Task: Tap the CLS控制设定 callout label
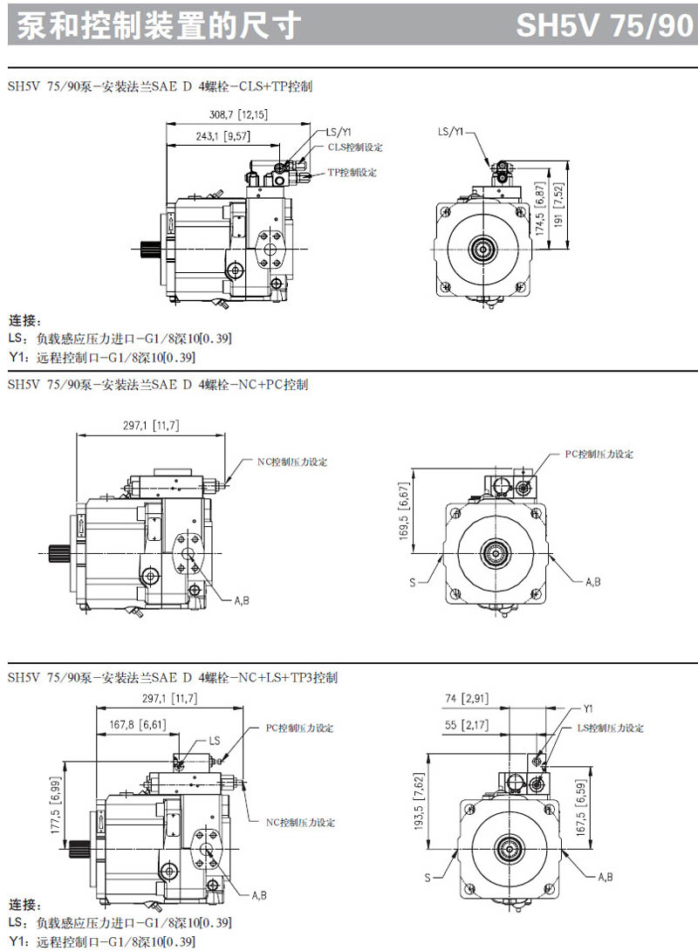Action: [355, 147]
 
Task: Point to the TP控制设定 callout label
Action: [352, 173]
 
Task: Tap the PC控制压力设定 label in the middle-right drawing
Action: [599, 455]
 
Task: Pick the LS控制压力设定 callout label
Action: [610, 728]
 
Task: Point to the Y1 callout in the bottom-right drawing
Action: [588, 708]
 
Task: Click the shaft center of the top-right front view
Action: [483, 250]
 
